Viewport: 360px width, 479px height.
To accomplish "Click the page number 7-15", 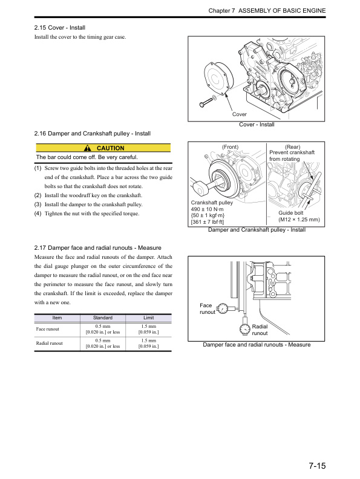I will [317, 466].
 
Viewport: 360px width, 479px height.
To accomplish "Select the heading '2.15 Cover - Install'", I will [60, 28].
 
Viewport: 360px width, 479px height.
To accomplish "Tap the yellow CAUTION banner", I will [103, 148].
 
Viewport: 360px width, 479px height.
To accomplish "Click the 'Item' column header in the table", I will [57, 318].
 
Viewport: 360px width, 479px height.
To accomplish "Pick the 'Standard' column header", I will [102, 318].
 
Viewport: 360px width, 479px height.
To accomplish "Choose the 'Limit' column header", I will [148, 318].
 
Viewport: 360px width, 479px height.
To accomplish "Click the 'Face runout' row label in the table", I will [48, 329].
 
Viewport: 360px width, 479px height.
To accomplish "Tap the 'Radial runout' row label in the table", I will [50, 344].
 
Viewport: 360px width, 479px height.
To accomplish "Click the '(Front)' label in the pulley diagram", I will [231, 147].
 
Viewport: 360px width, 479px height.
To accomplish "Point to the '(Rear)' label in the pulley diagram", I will [293, 147].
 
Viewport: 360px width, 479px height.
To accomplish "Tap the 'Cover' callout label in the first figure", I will [240, 114].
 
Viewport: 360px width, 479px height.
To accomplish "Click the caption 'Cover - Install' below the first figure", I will [257, 125].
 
